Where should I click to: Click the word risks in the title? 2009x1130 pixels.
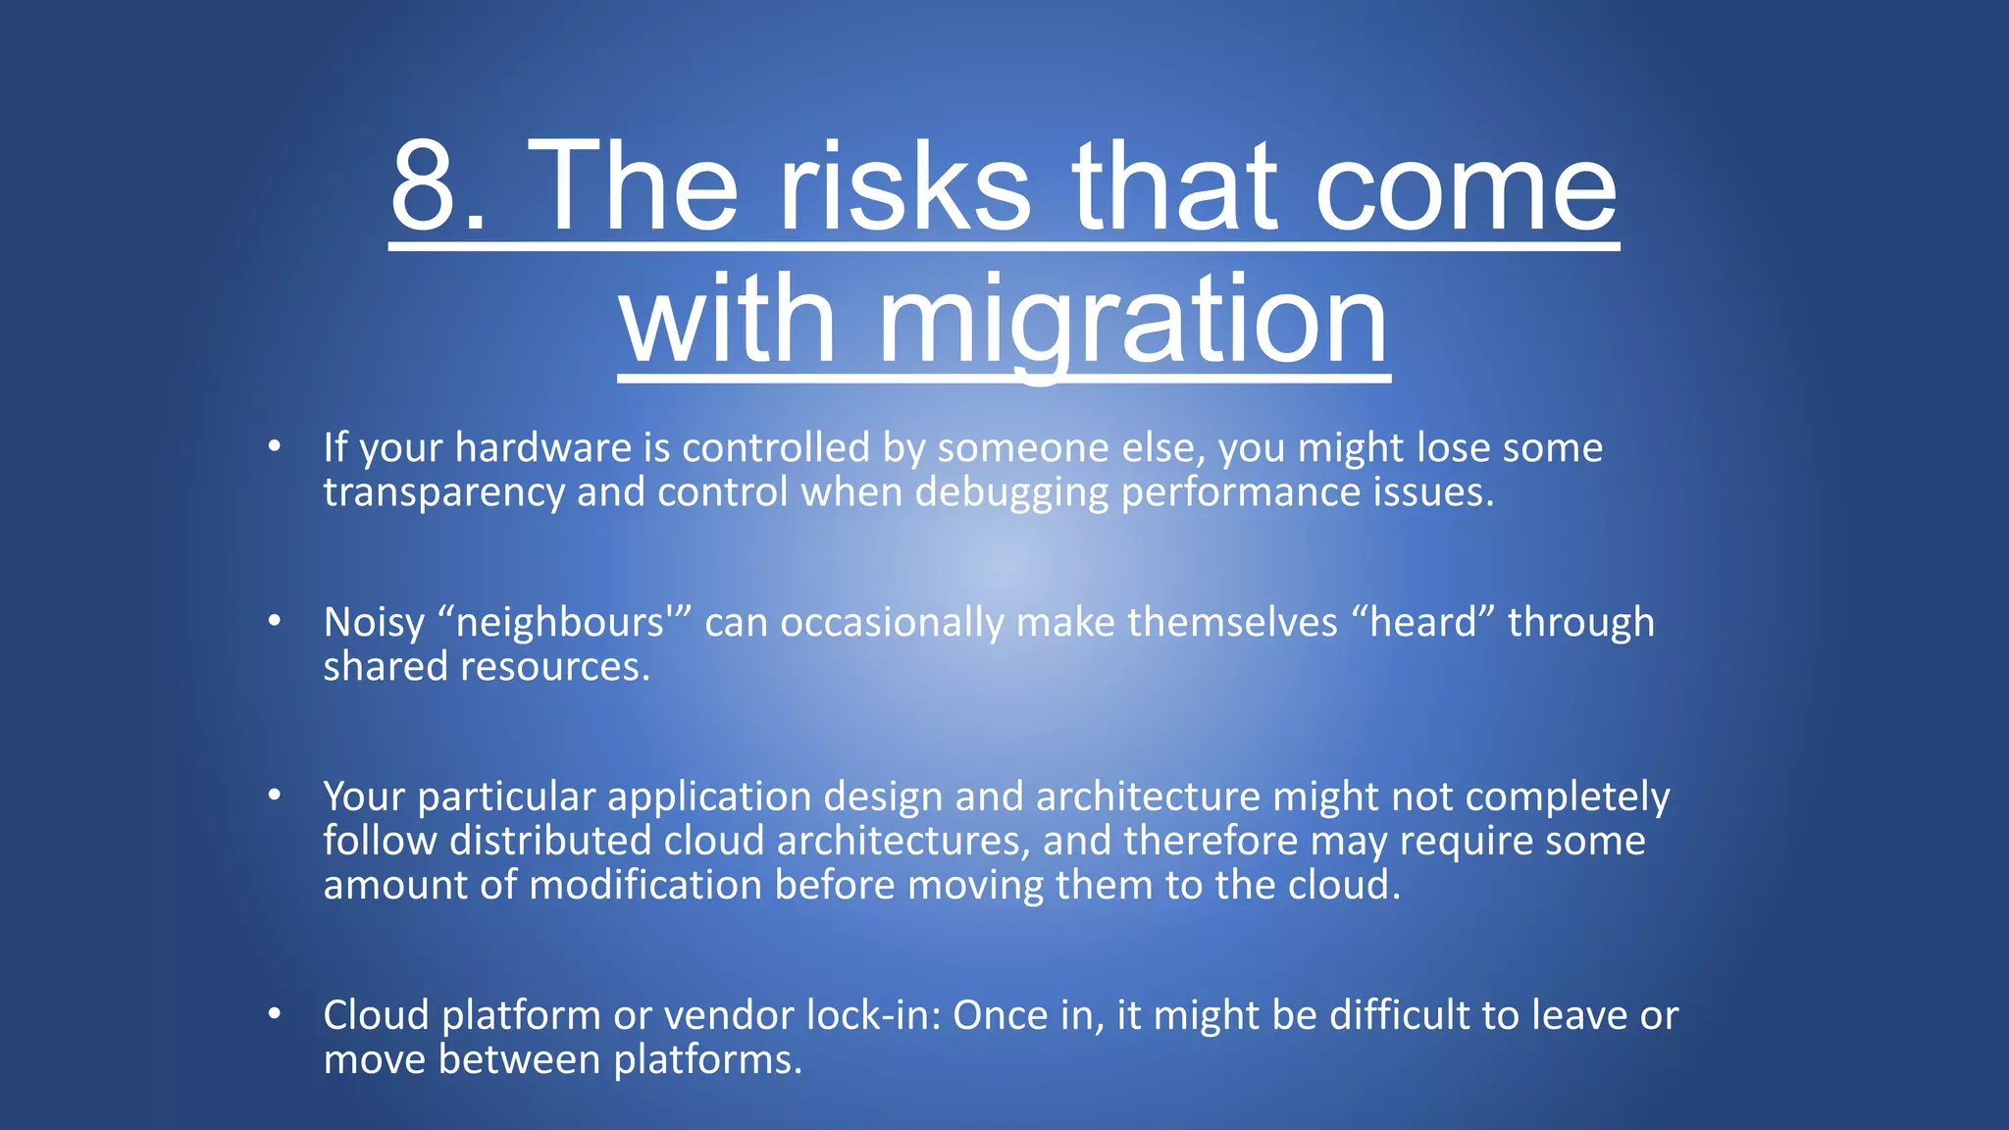point(904,186)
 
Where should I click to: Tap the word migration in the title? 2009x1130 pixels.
point(1133,320)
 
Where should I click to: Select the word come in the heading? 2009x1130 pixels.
point(1466,186)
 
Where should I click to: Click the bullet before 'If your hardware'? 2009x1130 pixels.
point(275,447)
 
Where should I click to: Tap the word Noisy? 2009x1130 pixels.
point(374,624)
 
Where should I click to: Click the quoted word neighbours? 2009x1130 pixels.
point(560,623)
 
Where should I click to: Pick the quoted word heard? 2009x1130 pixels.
point(1422,623)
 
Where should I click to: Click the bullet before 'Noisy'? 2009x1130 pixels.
point(275,622)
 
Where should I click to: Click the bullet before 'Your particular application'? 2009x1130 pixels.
point(275,796)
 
